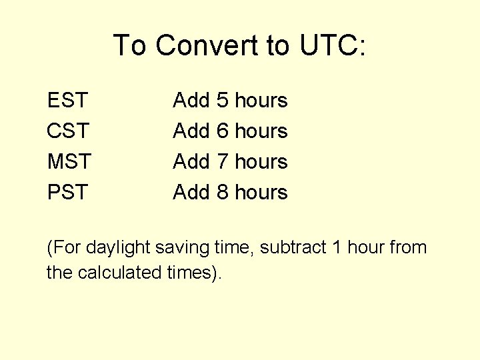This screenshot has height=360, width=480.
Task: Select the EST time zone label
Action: pos(67,101)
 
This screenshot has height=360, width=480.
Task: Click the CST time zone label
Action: pos(67,131)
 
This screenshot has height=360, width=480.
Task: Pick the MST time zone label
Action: pos(69,162)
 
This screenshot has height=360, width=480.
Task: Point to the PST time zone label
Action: pos(67,193)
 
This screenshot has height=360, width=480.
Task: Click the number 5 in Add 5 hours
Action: pos(223,101)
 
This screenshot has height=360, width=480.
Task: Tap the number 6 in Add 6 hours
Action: pos(223,131)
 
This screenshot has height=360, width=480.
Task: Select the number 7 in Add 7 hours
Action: pos(223,162)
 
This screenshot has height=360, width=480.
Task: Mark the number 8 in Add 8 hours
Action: pos(223,193)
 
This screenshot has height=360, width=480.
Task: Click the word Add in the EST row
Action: pos(191,101)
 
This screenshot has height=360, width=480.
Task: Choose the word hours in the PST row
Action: pos(261,193)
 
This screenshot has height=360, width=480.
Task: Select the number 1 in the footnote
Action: pos(337,248)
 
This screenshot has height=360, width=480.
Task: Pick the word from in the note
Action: pos(407,248)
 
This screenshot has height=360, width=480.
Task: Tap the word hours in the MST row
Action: pos(261,162)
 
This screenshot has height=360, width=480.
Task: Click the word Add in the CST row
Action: pos(191,131)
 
